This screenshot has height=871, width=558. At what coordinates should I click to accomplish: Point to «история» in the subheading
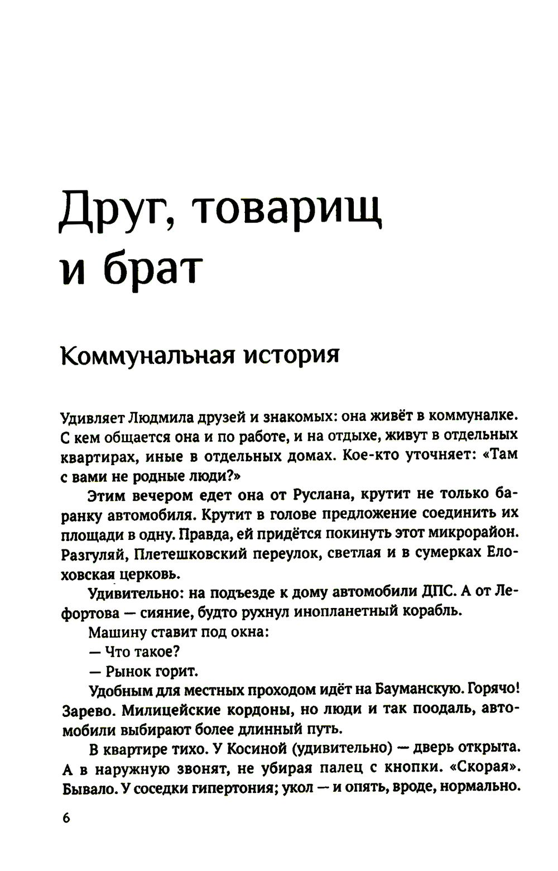[x=292, y=355]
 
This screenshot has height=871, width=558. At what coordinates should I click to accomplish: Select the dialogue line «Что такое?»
[x=142, y=651]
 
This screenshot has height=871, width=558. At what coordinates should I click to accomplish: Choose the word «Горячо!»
[x=494, y=690]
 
